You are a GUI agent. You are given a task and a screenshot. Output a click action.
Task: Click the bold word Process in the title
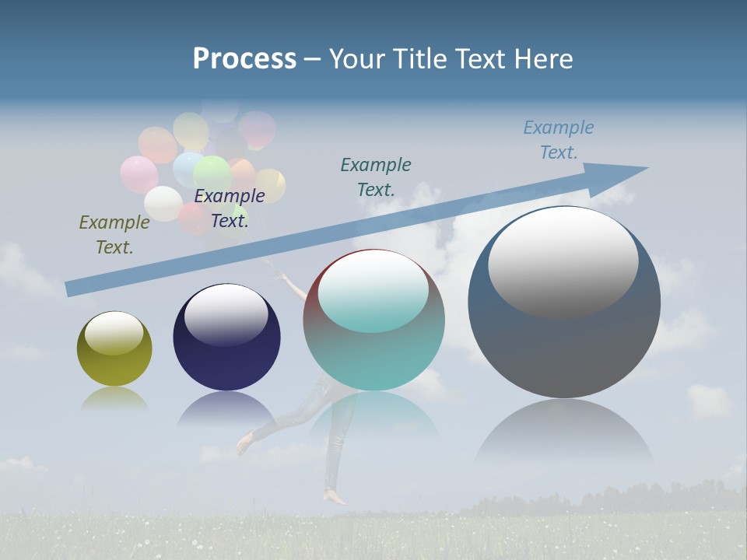244,59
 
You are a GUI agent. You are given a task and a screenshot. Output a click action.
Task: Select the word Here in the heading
544,59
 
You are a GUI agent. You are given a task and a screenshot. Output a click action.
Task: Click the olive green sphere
114,349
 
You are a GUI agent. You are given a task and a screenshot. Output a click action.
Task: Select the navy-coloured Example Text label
229,208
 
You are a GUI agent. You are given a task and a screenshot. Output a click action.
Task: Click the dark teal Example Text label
376,177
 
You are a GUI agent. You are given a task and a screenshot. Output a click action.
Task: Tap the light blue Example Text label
558,140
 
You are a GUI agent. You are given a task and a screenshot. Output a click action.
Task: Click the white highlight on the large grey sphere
563,262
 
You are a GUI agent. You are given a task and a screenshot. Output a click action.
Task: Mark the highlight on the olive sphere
114,333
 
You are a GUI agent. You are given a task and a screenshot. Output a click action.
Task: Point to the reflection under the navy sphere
226,408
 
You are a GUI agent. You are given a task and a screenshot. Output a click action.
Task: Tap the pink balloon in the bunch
139,174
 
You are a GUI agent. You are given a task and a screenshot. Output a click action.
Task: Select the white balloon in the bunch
163,204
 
